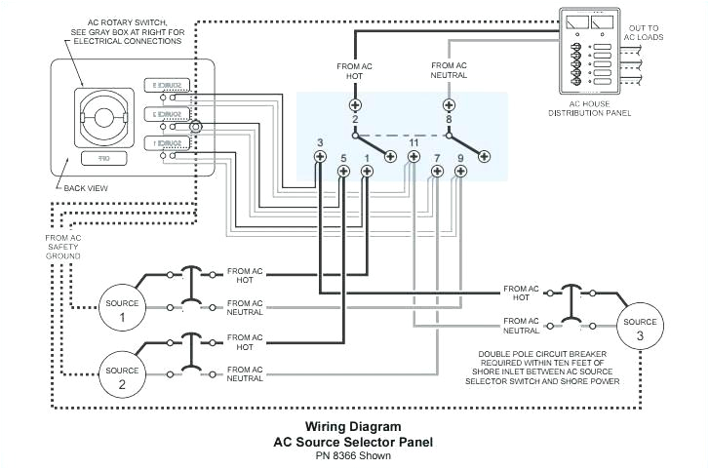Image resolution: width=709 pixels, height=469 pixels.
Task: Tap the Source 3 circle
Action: click(x=641, y=328)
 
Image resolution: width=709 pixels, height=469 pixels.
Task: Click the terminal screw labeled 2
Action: click(x=355, y=104)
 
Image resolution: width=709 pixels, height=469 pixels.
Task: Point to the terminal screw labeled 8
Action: click(x=449, y=104)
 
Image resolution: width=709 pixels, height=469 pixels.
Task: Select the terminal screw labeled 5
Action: click(x=343, y=173)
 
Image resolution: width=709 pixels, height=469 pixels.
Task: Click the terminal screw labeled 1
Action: click(x=367, y=173)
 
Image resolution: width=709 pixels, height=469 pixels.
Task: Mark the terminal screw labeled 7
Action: click(x=437, y=173)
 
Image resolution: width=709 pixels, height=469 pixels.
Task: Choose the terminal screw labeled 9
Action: click(x=460, y=173)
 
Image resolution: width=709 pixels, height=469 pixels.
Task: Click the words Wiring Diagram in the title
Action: click(x=352, y=426)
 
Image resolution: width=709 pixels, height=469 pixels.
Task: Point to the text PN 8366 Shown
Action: click(x=352, y=454)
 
